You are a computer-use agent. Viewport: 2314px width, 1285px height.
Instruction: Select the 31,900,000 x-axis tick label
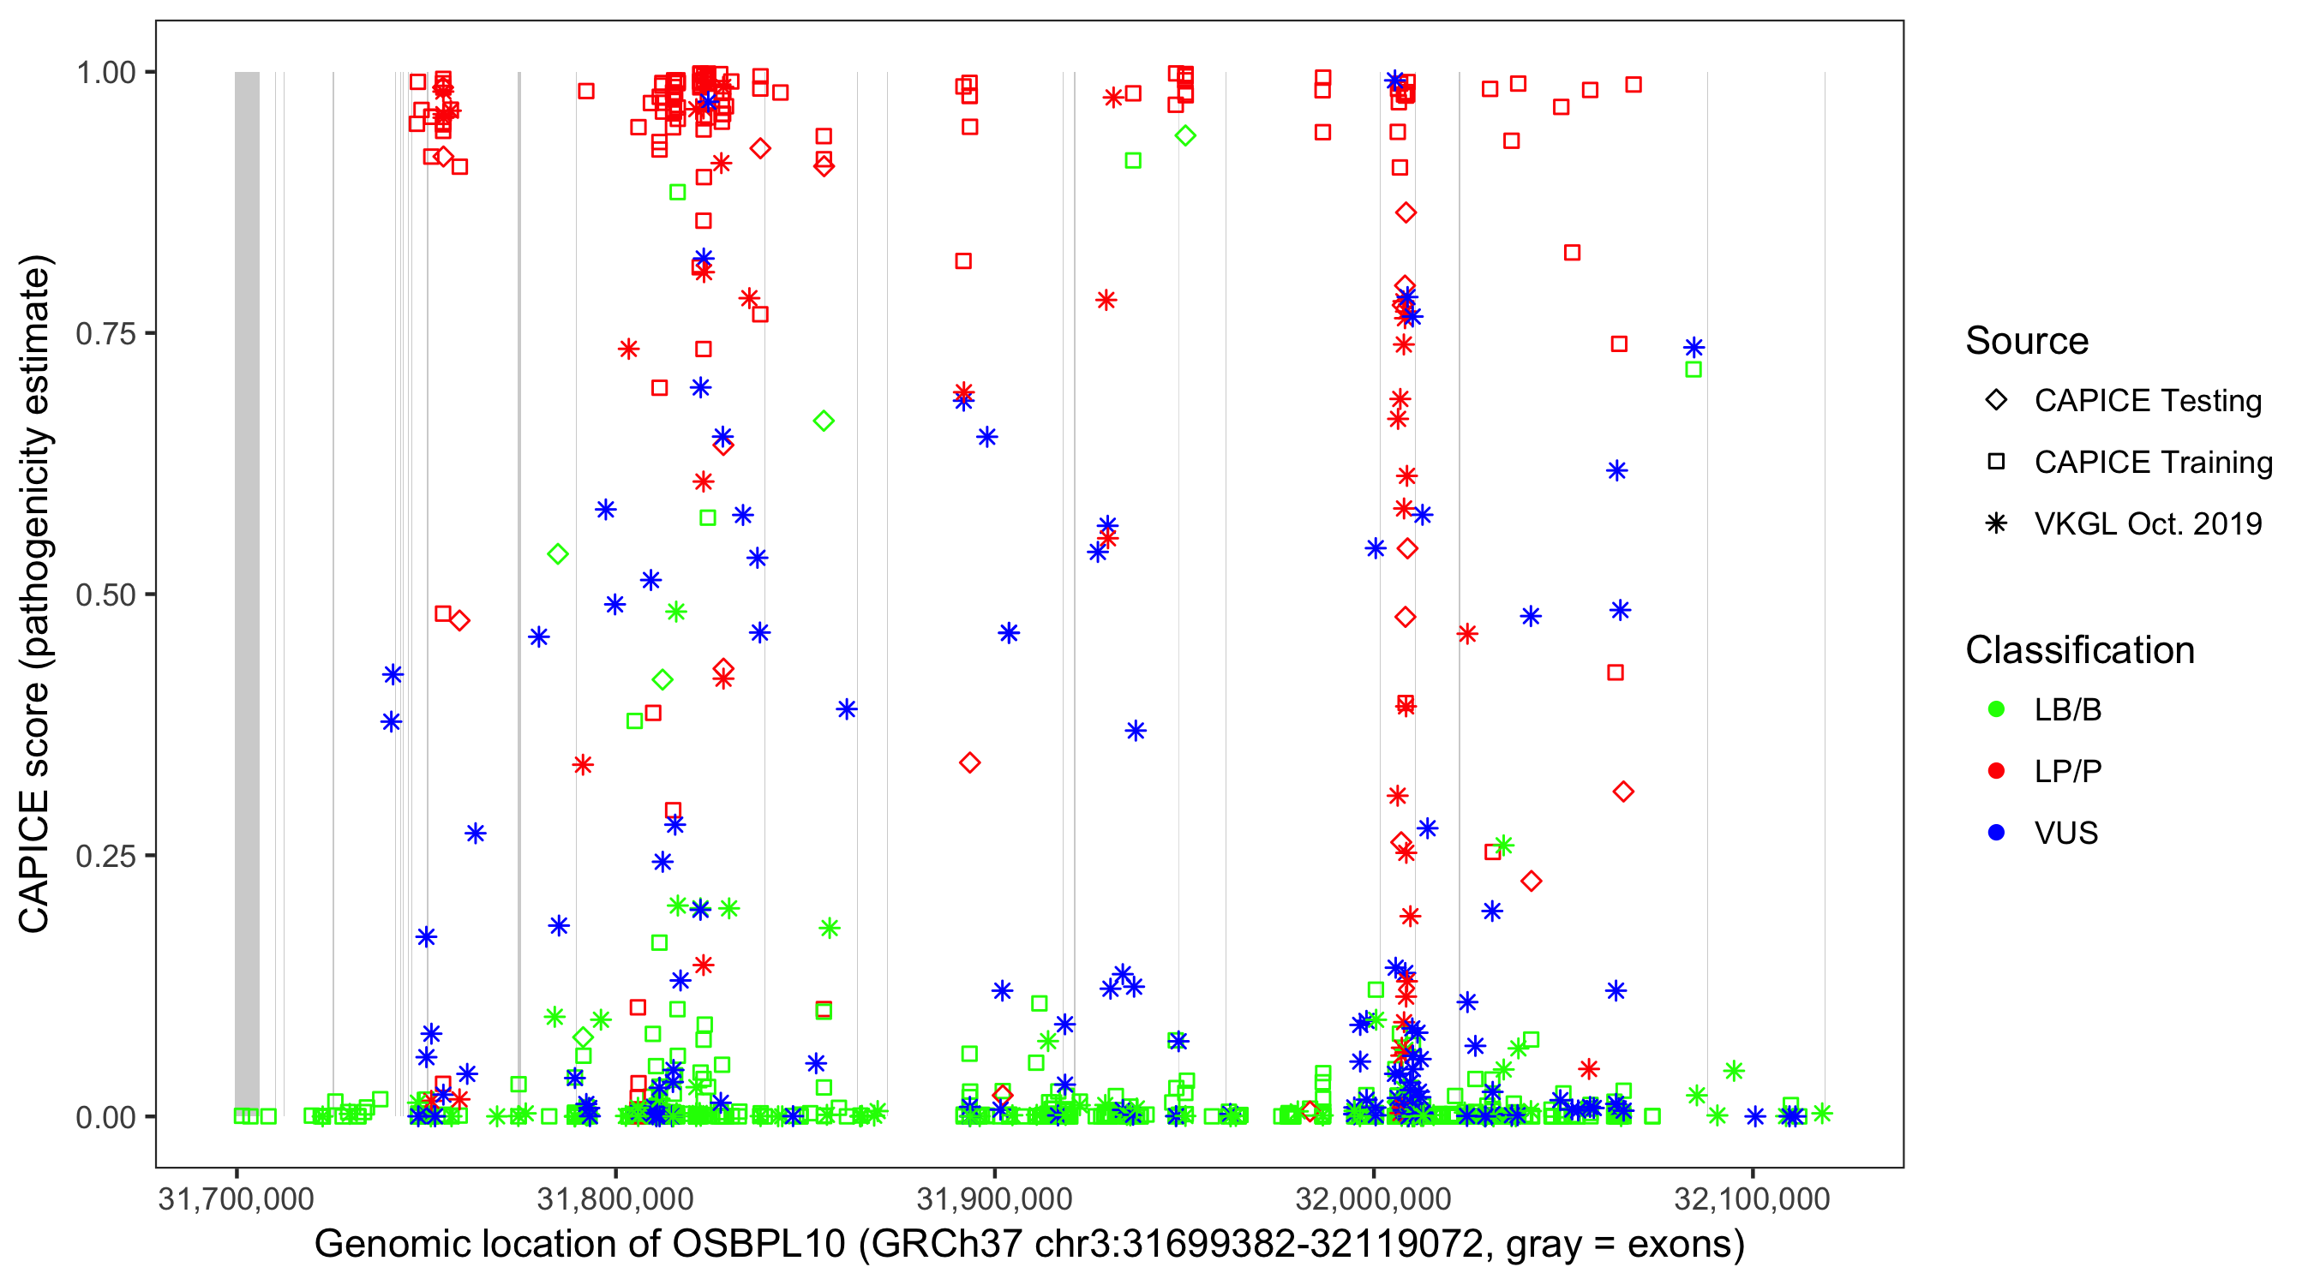click(994, 1199)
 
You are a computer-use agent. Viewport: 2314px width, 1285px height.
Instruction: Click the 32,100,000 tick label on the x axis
click(1752, 1199)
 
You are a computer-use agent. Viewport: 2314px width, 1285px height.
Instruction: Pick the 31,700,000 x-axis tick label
click(237, 1199)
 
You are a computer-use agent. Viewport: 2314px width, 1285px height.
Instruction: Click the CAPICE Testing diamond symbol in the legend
click(1996, 401)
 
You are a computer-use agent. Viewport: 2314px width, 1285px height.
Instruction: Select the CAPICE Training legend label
click(2153, 463)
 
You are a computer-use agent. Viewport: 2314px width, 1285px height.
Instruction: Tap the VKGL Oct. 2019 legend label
click(2148, 524)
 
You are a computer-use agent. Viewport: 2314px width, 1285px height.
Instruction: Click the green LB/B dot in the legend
click(1996, 710)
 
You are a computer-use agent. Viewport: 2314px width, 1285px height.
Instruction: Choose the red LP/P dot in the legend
click(1996, 771)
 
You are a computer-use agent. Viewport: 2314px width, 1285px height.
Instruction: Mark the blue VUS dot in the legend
click(1996, 834)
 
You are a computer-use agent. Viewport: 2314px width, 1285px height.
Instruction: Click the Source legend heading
click(2027, 341)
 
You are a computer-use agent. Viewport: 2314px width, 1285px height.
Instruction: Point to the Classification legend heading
click(2079, 650)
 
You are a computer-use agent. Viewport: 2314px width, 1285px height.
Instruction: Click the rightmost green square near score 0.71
click(1694, 370)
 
